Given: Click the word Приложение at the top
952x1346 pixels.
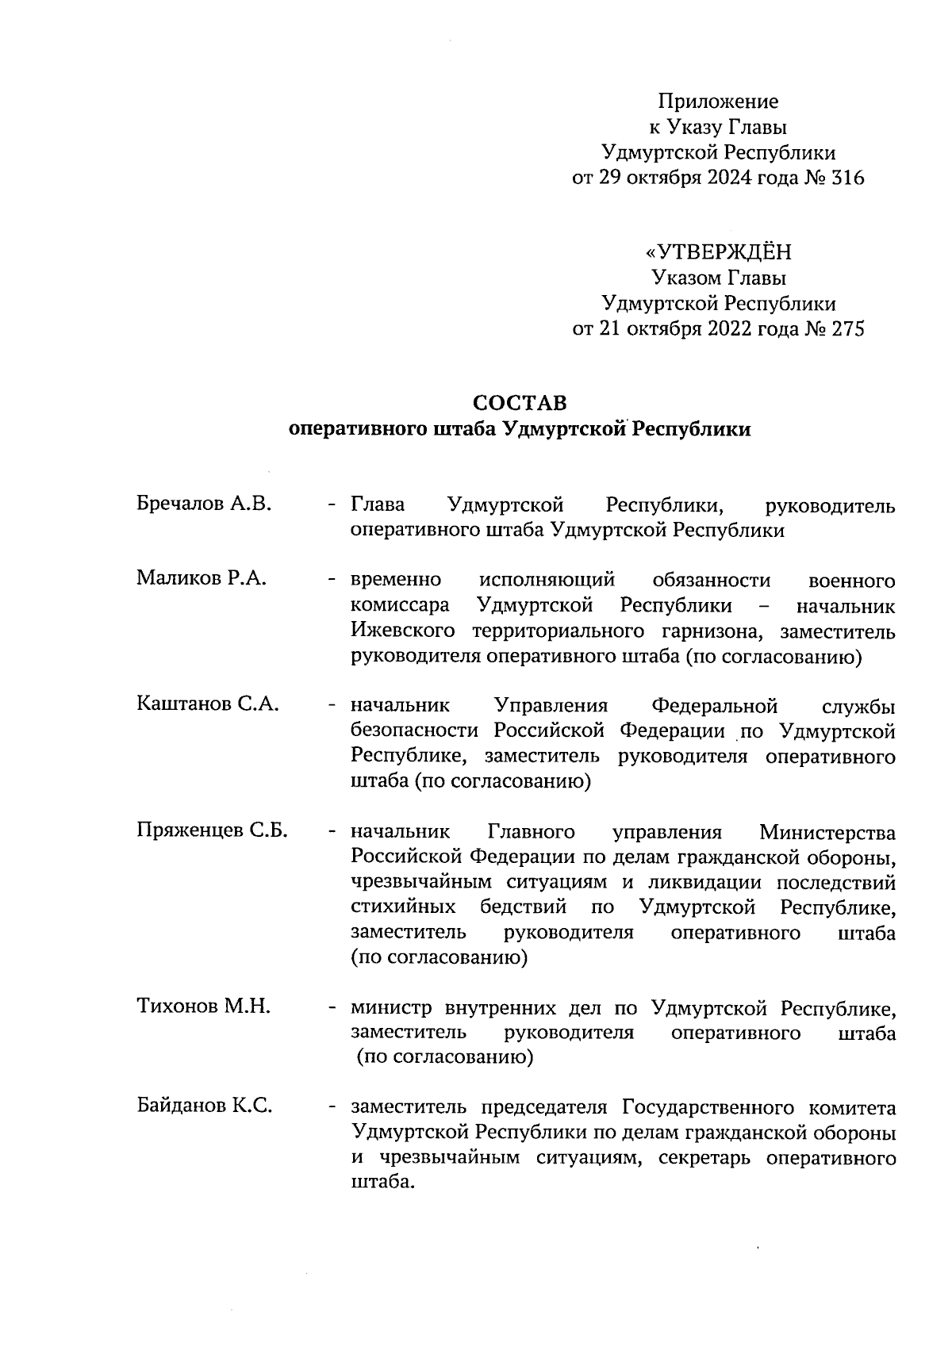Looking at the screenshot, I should click(x=718, y=102).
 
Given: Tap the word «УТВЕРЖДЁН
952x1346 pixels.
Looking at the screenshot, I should click(x=718, y=253).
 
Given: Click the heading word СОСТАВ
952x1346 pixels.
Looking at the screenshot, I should click(x=520, y=403).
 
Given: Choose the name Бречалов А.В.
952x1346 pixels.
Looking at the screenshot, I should click(x=204, y=504).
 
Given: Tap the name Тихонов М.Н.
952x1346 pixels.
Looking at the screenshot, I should click(x=204, y=1007).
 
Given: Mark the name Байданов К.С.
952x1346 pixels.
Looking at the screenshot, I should click(x=205, y=1106).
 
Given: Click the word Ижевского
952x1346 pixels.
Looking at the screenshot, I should click(x=403, y=632).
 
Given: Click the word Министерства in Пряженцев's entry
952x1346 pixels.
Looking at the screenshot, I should click(x=827, y=832).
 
